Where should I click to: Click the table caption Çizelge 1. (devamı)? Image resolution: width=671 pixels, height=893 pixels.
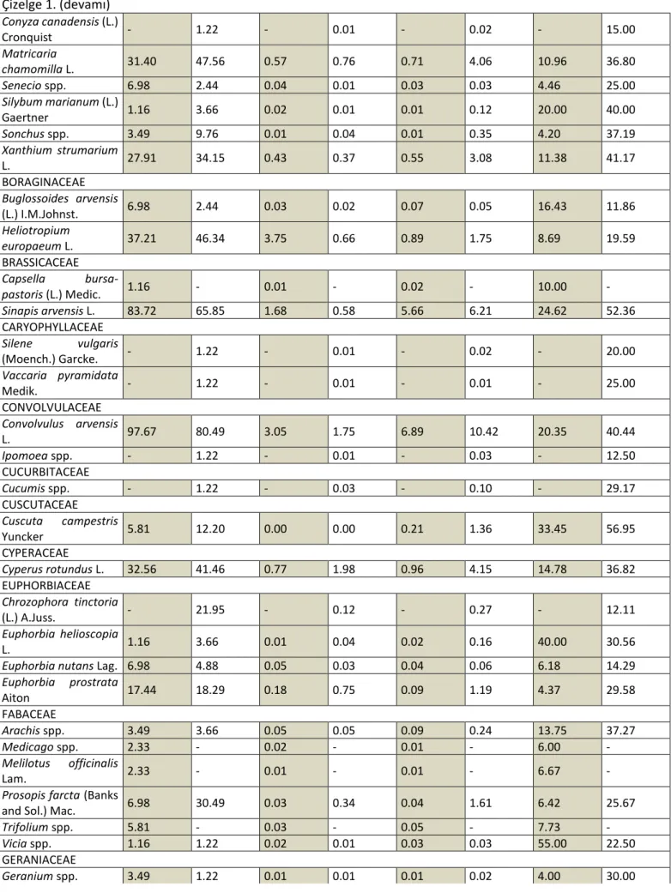56,6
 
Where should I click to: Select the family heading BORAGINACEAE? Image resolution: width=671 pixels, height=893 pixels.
43,182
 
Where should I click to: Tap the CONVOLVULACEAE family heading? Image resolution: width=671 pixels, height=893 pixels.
51,407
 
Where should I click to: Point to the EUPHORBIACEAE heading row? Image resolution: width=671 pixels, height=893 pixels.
46,585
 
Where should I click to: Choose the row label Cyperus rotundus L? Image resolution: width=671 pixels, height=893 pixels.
52,569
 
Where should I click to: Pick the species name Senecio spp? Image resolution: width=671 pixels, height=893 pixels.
33,86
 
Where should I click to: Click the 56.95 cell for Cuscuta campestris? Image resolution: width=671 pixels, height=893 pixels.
620,528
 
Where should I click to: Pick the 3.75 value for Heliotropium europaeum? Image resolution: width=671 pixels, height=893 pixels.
275,238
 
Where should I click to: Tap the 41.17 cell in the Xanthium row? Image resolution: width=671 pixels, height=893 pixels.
620,158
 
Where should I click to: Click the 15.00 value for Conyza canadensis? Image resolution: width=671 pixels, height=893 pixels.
620,29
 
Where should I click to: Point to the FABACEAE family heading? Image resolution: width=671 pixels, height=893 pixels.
28,715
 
